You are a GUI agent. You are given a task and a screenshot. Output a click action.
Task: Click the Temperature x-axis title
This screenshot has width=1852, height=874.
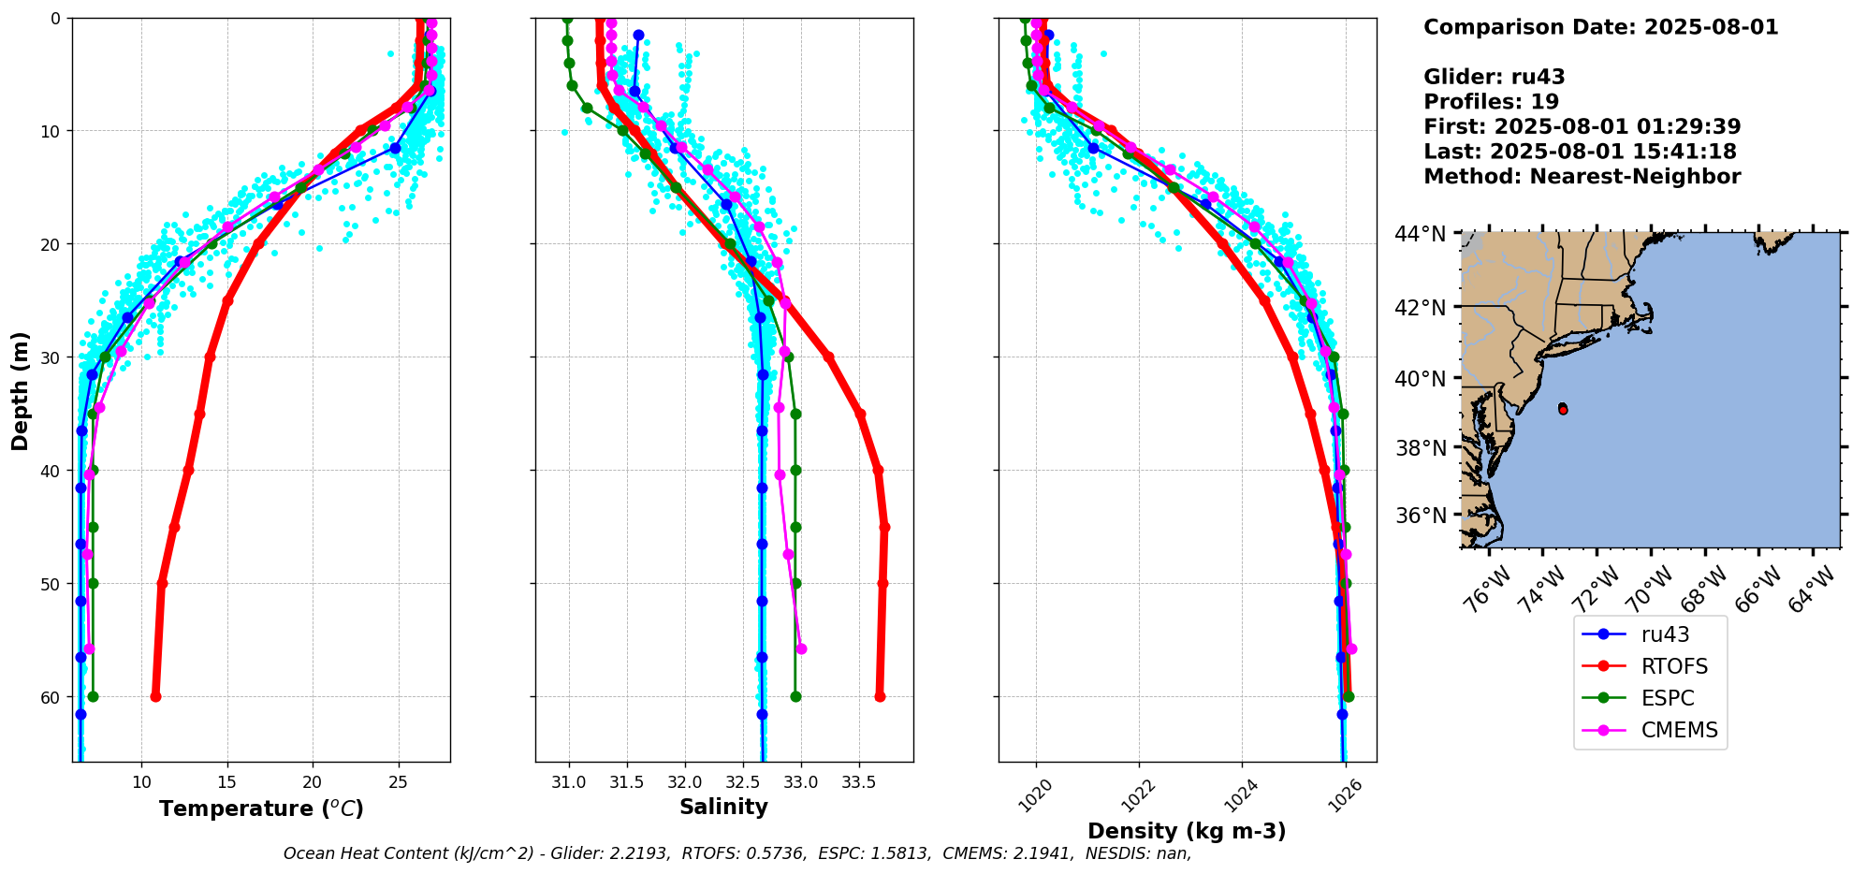point(261,808)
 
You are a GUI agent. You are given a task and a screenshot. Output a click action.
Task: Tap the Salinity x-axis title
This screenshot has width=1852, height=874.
point(723,807)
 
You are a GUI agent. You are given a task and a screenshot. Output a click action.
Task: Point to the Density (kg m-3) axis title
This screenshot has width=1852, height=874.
point(1187,831)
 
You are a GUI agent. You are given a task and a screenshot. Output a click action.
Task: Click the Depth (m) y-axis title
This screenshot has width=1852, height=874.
point(21,390)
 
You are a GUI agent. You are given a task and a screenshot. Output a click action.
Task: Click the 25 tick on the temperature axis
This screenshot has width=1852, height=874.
point(399,781)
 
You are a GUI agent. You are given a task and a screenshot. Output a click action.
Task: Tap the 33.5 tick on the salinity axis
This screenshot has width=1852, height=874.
point(859,781)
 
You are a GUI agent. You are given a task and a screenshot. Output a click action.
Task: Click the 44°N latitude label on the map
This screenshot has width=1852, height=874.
point(1421,234)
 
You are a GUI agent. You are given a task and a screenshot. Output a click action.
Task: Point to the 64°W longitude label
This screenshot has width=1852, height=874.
point(1814,590)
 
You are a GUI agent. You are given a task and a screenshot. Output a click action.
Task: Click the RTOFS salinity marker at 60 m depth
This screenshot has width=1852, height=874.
point(880,696)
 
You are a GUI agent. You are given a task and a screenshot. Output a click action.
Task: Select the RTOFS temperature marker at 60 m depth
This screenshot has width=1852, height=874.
point(155,696)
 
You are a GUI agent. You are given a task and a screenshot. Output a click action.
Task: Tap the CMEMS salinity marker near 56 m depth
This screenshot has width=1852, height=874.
point(801,648)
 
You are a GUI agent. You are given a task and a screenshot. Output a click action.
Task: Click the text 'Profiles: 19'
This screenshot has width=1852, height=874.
point(1491,101)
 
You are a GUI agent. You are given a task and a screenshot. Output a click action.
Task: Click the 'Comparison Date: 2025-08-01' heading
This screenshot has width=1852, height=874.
point(1600,27)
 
